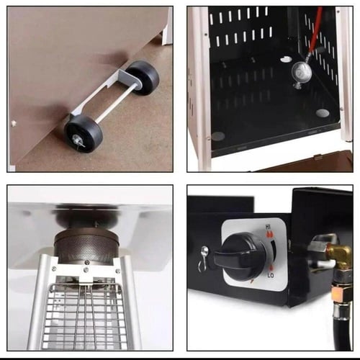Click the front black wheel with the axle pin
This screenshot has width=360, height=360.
[x=84, y=133]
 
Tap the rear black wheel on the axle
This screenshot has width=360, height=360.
[x=143, y=77]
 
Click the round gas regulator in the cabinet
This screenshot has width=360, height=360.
[x=302, y=71]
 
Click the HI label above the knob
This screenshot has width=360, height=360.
[x=268, y=227]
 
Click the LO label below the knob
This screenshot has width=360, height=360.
[x=271, y=275]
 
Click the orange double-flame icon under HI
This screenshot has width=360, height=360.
[x=270, y=234]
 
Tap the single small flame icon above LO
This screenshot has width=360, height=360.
[x=271, y=269]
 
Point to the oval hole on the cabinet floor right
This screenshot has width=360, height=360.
[x=322, y=112]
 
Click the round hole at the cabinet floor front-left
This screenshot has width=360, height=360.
[x=218, y=136]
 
